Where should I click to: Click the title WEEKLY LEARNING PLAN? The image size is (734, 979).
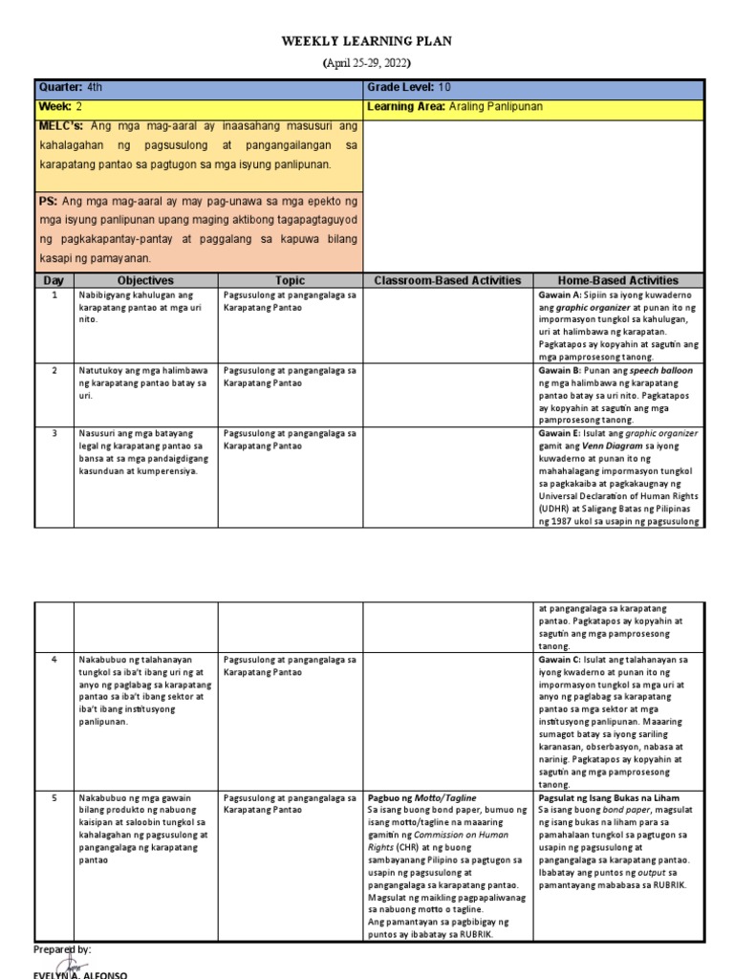click(366, 42)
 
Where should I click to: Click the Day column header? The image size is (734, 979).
click(54, 280)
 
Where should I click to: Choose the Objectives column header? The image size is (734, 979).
click(145, 280)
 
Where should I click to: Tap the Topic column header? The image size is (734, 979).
click(290, 280)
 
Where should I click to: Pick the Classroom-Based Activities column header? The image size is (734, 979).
click(447, 280)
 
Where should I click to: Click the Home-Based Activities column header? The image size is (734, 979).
click(618, 280)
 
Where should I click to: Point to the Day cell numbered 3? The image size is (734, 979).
click(54, 433)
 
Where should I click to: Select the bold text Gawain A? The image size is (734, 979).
click(562, 295)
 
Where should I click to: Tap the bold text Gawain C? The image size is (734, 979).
click(562, 660)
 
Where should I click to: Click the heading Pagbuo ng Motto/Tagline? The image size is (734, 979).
click(421, 797)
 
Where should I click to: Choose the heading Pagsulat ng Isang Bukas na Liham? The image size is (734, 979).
click(607, 797)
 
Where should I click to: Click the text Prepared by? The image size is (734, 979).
click(62, 949)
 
